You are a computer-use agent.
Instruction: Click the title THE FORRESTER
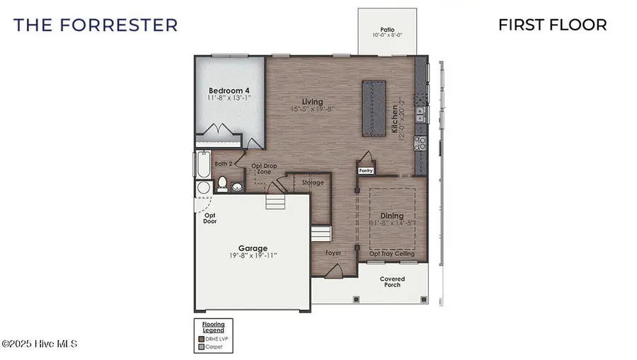pyautogui.click(x=96, y=25)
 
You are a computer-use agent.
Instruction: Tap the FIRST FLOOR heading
pyautogui.click(x=552, y=25)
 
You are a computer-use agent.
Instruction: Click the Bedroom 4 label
pyautogui.click(x=229, y=91)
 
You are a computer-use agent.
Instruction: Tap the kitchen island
pyautogui.click(x=374, y=108)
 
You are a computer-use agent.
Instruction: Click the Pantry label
pyautogui.click(x=365, y=170)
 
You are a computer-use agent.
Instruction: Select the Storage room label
pyautogui.click(x=312, y=182)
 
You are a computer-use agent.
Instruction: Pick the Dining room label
pyautogui.click(x=391, y=216)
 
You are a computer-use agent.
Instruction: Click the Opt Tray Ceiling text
pyautogui.click(x=392, y=253)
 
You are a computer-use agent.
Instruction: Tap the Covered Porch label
pyautogui.click(x=392, y=281)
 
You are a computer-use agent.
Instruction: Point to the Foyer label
pyautogui.click(x=333, y=252)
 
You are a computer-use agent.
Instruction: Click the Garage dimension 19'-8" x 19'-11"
pyautogui.click(x=253, y=255)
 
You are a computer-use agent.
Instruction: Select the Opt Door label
pyautogui.click(x=210, y=219)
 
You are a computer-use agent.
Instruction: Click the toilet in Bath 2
pyautogui.click(x=221, y=185)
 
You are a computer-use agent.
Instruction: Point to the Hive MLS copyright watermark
pyautogui.click(x=39, y=344)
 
